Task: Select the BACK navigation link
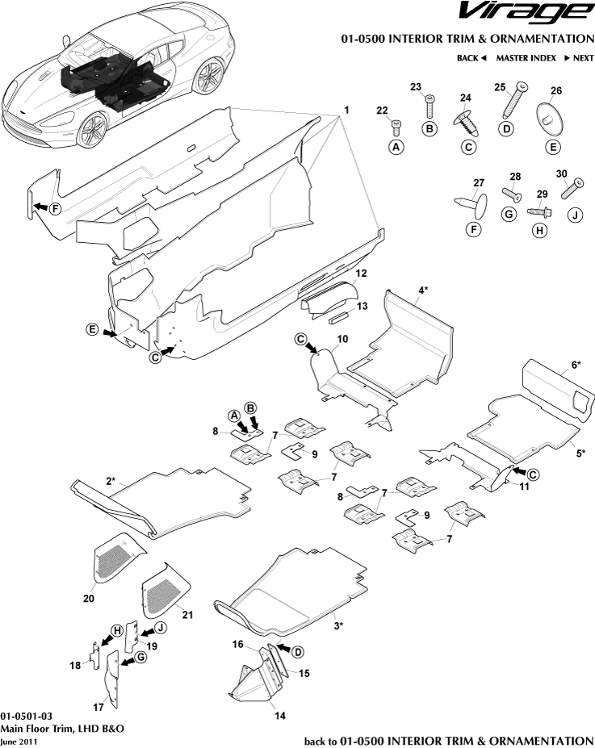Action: [x=471, y=58]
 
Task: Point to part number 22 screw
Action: [x=396, y=125]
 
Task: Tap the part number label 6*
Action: [x=575, y=365]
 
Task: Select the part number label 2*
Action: [x=112, y=481]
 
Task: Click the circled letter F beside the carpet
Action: [x=55, y=209]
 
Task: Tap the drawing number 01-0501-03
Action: [x=27, y=716]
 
